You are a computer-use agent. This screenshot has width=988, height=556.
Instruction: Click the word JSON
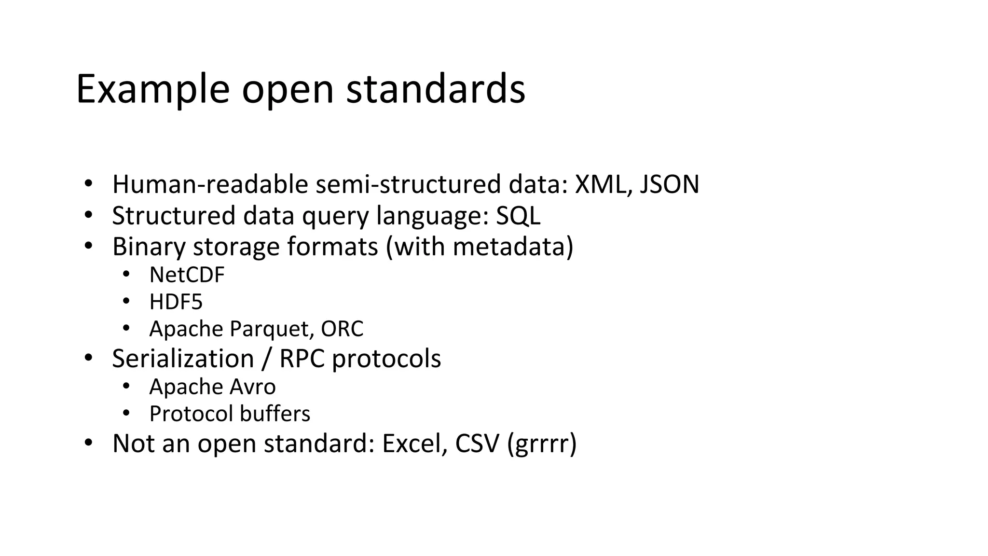pos(670,184)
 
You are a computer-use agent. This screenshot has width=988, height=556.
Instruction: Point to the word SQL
pos(518,216)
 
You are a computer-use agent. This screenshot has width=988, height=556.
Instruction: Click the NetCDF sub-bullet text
pos(187,275)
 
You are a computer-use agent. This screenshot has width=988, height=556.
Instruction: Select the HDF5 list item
pos(176,302)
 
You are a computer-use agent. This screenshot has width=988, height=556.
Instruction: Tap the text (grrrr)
pos(542,445)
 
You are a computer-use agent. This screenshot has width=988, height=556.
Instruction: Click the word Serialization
pos(183,359)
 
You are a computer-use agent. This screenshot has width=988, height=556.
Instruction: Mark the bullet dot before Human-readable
pos(88,184)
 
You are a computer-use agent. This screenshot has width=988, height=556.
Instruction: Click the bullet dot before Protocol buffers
pos(126,413)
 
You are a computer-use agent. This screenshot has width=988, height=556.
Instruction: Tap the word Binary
pos(149,247)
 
